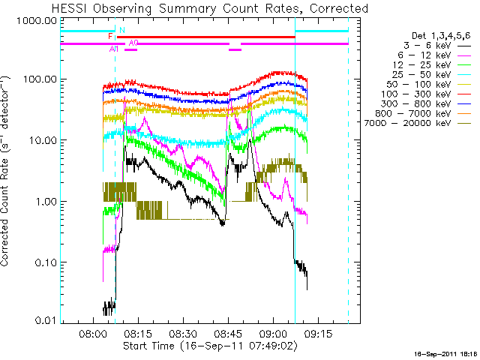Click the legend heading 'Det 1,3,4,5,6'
click(442, 36)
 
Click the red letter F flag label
click(110, 36)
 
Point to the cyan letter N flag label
click(121, 30)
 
